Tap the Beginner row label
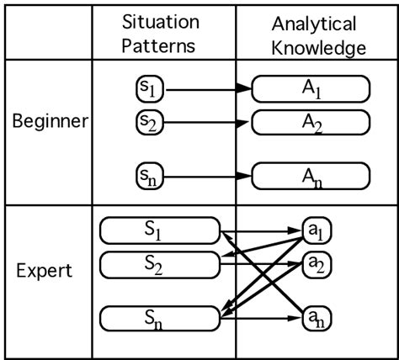51,122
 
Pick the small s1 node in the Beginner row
149,87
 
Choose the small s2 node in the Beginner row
149,123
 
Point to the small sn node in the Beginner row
149,176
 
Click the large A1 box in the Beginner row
311,87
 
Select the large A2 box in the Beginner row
311,123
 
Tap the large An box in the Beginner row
311,176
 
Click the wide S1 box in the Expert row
159,230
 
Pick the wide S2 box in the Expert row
159,264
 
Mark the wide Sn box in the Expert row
159,318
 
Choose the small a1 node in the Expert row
317,229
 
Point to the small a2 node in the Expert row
317,264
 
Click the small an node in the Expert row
317,318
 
